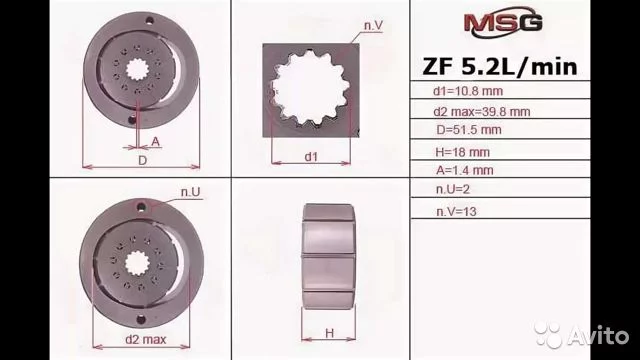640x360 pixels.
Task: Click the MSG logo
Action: click(x=503, y=22)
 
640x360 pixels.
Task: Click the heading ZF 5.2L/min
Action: click(x=500, y=67)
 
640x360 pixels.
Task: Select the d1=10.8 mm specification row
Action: click(x=468, y=91)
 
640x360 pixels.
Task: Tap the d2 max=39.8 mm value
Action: click(x=482, y=111)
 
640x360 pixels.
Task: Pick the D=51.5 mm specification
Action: click(x=469, y=130)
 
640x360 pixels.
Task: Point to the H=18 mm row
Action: click(x=462, y=152)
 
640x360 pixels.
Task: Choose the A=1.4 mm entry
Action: click(x=464, y=170)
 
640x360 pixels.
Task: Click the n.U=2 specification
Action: click(x=452, y=189)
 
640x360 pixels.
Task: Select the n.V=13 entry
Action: click(x=456, y=211)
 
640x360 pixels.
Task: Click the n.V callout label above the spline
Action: click(x=373, y=25)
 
